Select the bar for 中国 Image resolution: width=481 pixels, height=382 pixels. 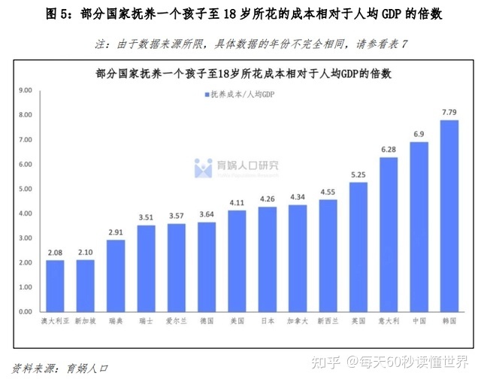[x=419, y=226]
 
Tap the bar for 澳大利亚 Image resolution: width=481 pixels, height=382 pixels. [x=54, y=286]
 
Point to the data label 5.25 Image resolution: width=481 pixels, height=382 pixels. [x=358, y=174]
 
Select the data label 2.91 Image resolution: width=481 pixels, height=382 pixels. [x=115, y=232]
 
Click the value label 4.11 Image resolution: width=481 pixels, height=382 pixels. [x=237, y=203]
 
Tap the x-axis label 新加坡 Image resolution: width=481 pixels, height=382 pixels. [x=84, y=321]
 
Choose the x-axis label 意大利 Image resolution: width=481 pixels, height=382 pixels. [x=389, y=321]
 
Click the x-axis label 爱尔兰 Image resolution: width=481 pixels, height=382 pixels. [x=176, y=321]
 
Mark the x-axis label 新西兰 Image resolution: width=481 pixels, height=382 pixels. [x=328, y=321]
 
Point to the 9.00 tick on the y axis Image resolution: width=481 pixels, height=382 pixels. [x=26, y=90]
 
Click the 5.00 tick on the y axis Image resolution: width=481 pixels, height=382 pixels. [x=26, y=189]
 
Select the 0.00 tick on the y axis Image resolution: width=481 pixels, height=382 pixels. [x=26, y=311]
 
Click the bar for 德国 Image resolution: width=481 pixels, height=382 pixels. [x=206, y=266]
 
